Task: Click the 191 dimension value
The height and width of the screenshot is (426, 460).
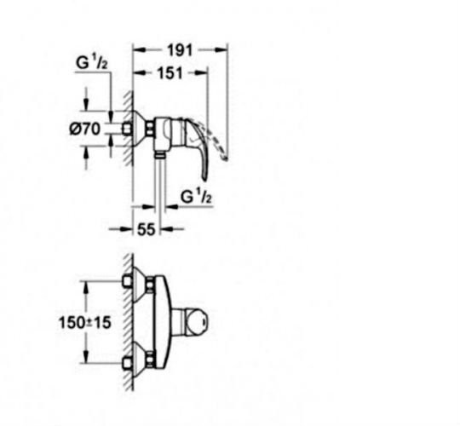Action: [x=180, y=50]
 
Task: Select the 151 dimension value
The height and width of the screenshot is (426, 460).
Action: [x=170, y=73]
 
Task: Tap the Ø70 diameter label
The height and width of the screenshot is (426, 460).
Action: [x=85, y=130]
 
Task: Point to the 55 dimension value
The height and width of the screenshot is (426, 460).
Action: [x=147, y=229]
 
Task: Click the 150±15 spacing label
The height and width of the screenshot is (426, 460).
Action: [x=85, y=323]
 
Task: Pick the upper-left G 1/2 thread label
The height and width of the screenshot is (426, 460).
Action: [x=91, y=63]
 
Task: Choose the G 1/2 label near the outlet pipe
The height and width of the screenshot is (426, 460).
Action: [x=196, y=197]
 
